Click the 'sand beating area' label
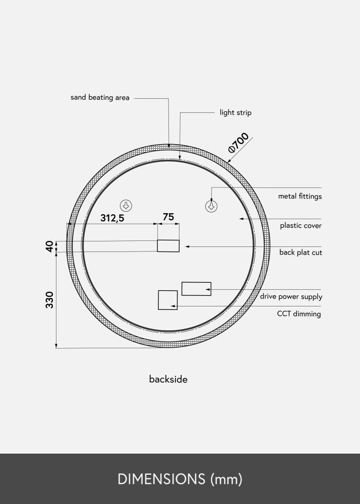click(100, 98)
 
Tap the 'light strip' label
click(235, 113)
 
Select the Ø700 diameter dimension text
click(239, 142)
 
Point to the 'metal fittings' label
click(299, 197)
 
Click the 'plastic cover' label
click(301, 226)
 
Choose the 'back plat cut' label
click(301, 253)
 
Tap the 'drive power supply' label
click(291, 297)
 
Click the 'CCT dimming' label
click(298, 314)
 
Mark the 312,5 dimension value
click(112, 218)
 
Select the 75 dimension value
click(168, 217)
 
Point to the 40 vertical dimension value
click(49, 246)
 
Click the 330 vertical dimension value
click(49, 300)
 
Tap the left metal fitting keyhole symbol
click(126, 205)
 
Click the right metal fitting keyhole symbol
click(211, 206)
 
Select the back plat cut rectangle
click(168, 246)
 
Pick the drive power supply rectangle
click(196, 289)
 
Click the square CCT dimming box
click(167, 300)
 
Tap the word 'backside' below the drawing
click(168, 380)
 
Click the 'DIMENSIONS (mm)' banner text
click(180, 479)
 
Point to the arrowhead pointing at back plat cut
click(187, 246)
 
